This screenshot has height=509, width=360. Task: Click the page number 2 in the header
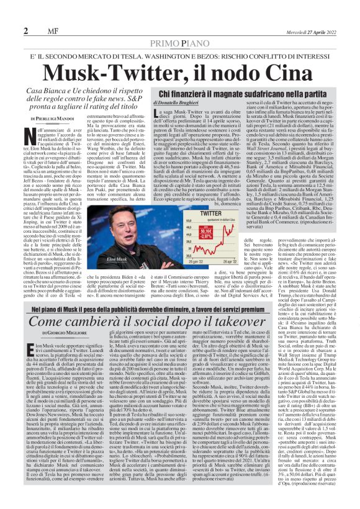[25, 30]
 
